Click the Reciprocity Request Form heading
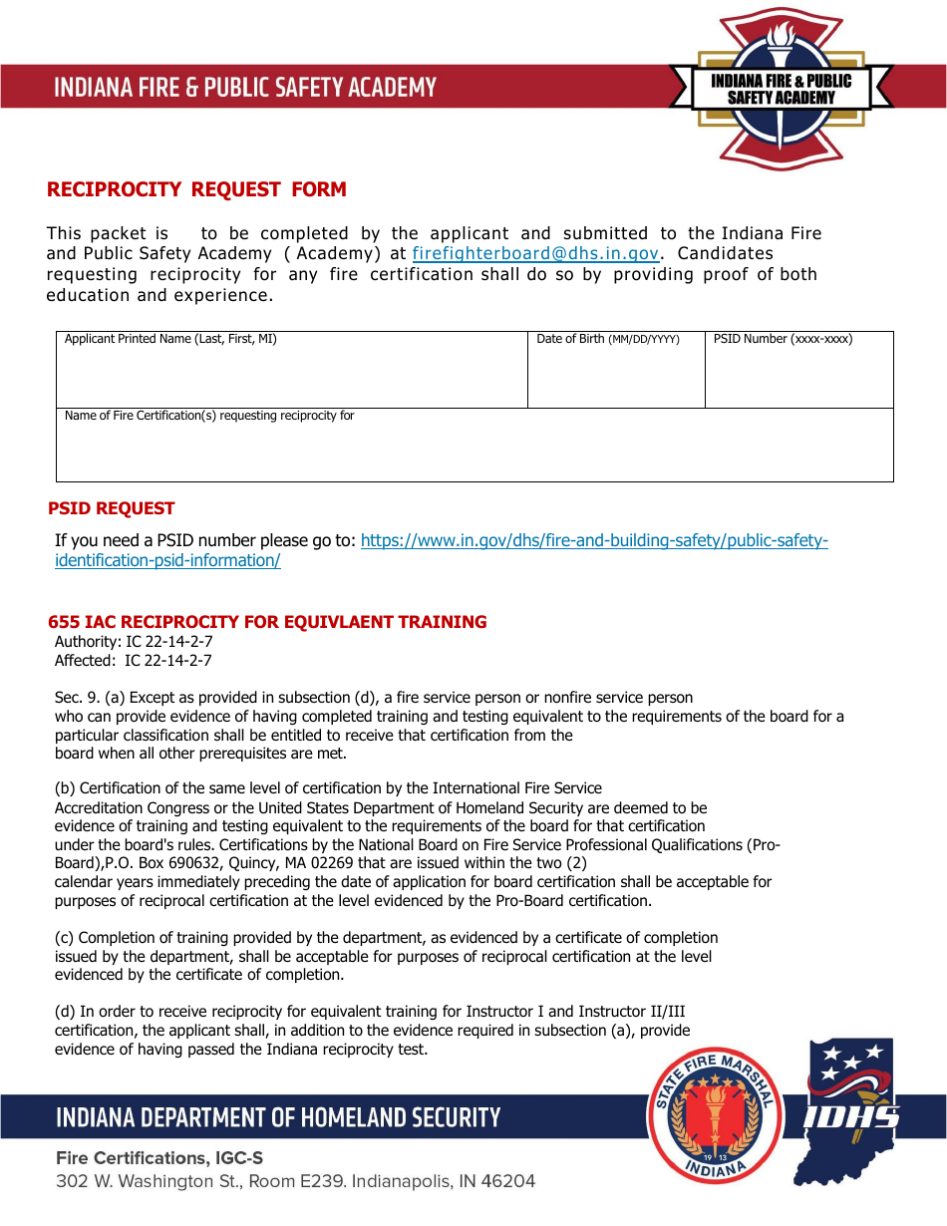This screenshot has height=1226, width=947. point(196,189)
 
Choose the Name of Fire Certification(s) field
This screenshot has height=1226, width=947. point(473,452)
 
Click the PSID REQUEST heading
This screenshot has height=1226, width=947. point(112,508)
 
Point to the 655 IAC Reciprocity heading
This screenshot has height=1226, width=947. point(267,622)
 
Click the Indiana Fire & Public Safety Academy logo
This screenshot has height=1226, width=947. point(782,88)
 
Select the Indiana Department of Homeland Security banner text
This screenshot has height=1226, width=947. point(278,1117)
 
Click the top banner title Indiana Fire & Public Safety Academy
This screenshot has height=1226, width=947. point(245,88)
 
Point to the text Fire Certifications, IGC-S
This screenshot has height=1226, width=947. point(159,1158)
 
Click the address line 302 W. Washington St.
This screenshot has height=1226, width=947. point(295,1182)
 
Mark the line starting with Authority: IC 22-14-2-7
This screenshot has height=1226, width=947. point(134,642)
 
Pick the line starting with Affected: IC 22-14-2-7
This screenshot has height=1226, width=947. point(134,660)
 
